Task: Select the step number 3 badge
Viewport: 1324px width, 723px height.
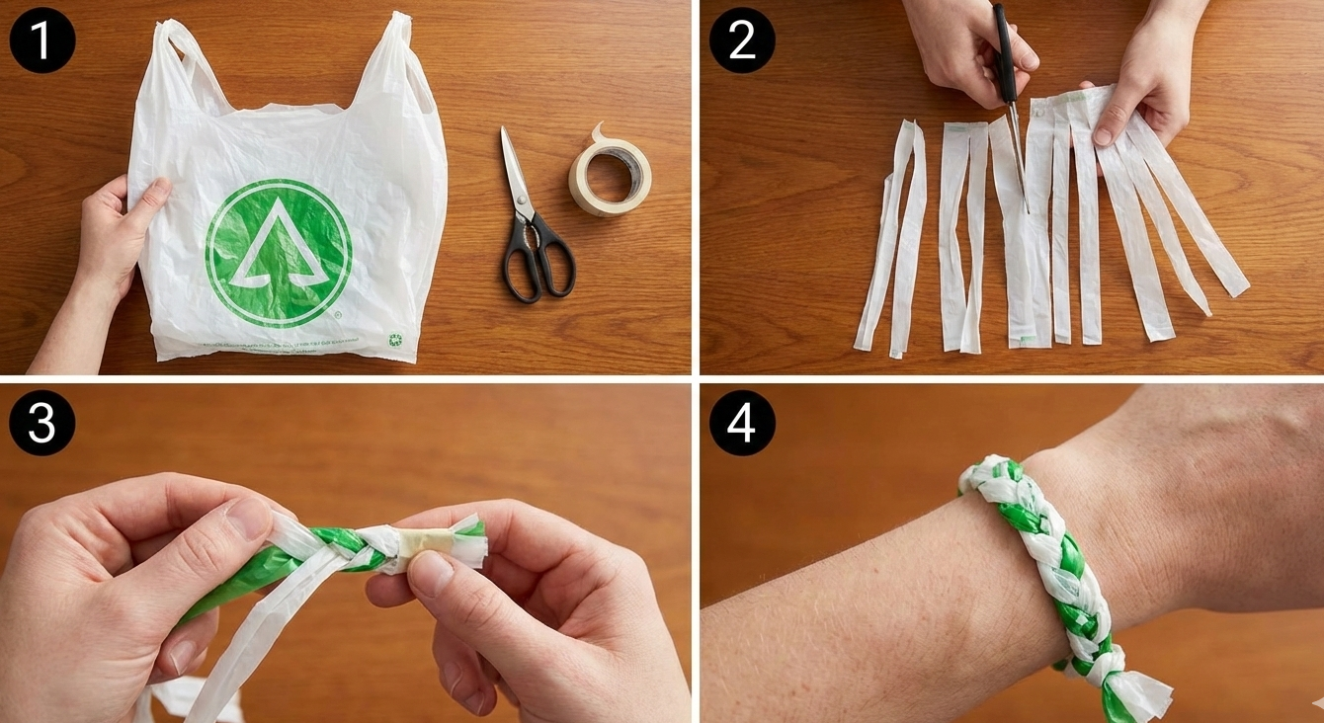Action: point(41,423)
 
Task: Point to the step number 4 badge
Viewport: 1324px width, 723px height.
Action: point(742,423)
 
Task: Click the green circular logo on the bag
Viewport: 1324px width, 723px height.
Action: point(278,253)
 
